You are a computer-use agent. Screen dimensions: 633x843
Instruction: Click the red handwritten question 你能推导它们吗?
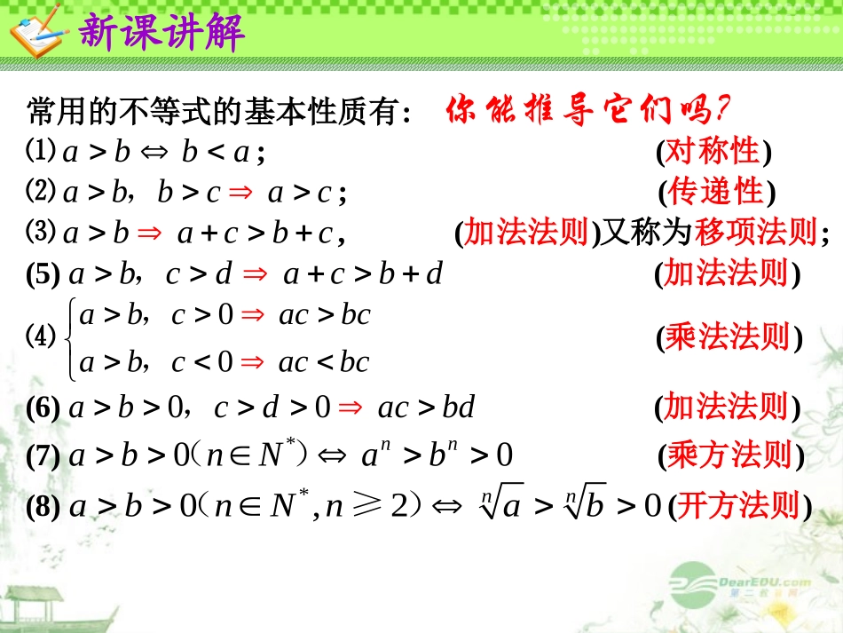587,111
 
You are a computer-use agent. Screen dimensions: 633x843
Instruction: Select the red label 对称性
713,152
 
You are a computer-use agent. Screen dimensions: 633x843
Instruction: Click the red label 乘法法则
727,338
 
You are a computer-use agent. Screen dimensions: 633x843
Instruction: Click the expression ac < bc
323,362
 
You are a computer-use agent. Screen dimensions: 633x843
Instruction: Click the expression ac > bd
426,407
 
